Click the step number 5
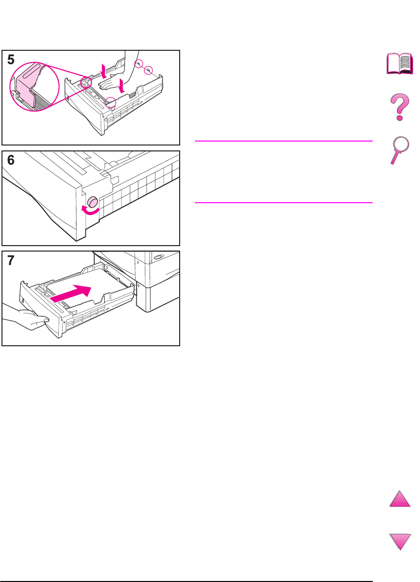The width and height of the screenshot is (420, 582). tap(11, 60)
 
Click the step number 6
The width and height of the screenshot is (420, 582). tap(11, 161)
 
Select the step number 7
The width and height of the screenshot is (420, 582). tap(11, 261)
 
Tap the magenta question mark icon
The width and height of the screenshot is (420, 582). tap(399, 108)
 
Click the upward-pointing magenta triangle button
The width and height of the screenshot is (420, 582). tap(400, 499)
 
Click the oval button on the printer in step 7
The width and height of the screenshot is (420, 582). tap(159, 257)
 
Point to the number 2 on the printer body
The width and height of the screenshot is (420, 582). tap(137, 263)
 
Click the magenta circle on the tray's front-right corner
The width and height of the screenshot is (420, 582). tap(112, 102)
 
